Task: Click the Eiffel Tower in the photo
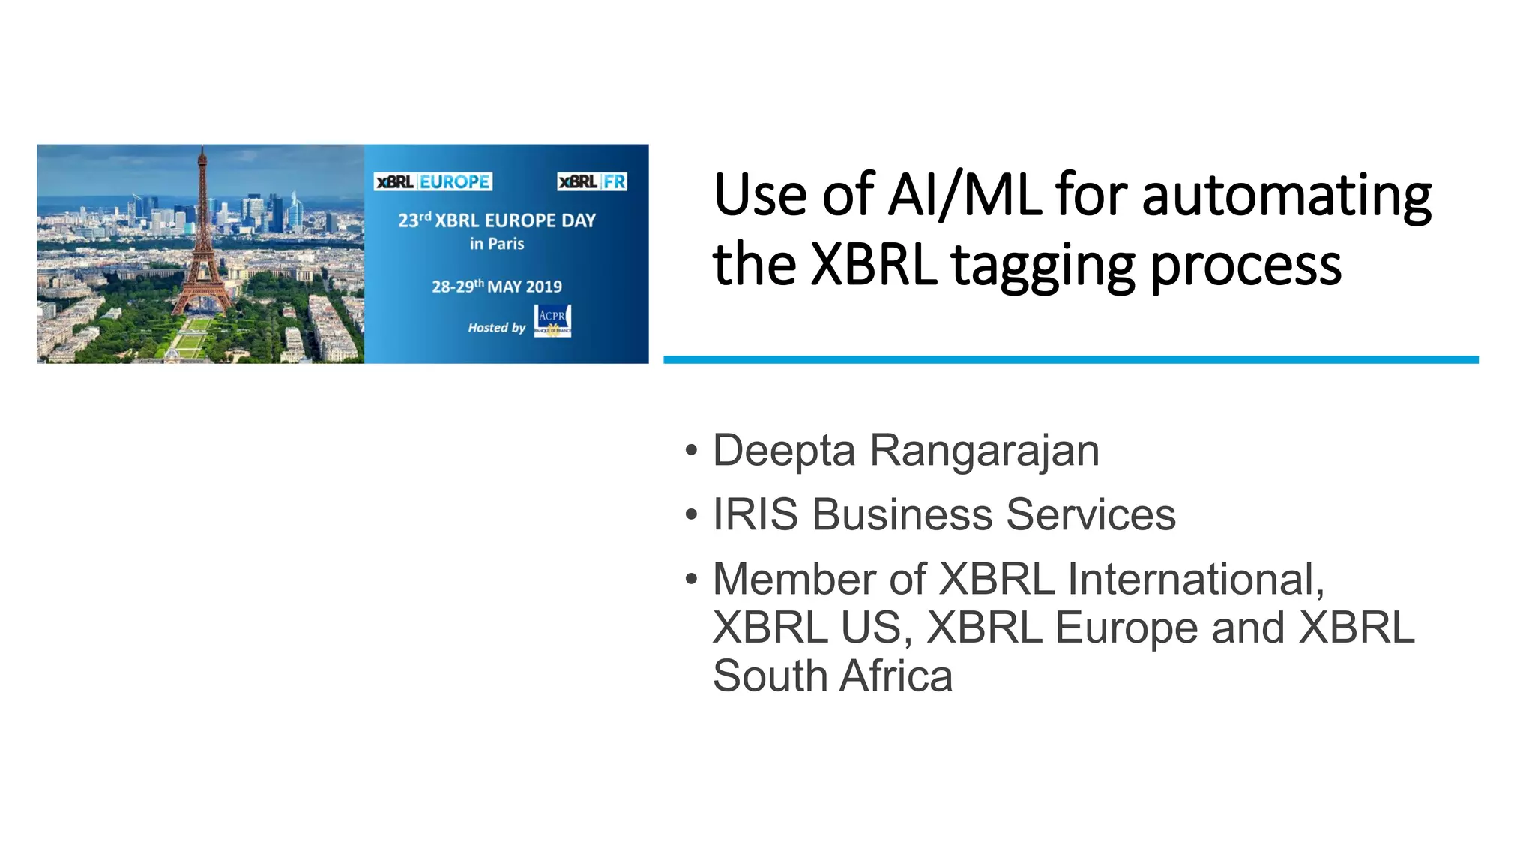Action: tap(201, 247)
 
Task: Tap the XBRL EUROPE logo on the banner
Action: tap(432, 181)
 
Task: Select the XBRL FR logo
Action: tap(592, 181)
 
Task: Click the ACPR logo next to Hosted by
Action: tap(552, 321)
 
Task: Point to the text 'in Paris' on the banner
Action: tap(497, 244)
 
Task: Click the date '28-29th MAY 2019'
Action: tap(497, 286)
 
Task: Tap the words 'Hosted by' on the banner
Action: tap(497, 328)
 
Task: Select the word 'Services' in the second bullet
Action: tap(1091, 515)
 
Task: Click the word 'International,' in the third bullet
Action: tap(1195, 580)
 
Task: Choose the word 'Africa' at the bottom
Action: tap(896, 676)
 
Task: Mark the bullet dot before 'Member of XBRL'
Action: tap(691, 579)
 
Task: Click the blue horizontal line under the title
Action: tap(1070, 360)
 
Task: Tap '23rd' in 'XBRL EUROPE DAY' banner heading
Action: tap(414, 220)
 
